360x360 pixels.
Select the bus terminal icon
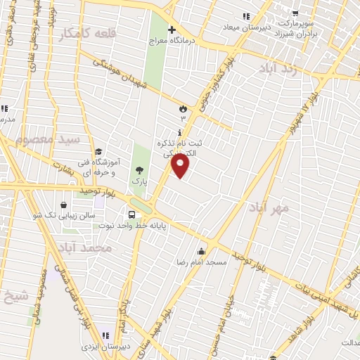pyautogui.click(x=131, y=214)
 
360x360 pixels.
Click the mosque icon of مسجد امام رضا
pyautogui.click(x=202, y=251)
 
